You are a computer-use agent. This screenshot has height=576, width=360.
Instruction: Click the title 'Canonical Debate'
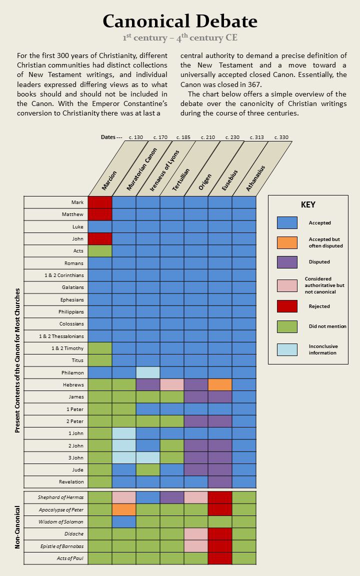coord(180,21)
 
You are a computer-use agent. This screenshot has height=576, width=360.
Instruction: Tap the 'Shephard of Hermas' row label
coord(61,497)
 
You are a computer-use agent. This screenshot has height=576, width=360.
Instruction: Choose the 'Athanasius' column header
coord(255,178)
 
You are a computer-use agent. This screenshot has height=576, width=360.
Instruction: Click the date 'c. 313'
coord(257,137)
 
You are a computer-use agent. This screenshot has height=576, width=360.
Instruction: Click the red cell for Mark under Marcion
coord(100,202)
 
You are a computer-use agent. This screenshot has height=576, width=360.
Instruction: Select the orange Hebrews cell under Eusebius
coord(220,384)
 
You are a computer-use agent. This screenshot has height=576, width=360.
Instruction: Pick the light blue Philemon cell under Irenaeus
coord(148,372)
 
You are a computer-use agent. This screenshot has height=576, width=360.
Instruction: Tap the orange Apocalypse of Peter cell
coord(124,509)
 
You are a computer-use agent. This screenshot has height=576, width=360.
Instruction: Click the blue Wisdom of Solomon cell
coord(124,521)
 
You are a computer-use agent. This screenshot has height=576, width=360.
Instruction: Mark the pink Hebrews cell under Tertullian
coord(172,384)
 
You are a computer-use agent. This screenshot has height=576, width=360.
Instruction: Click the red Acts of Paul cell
coord(220,558)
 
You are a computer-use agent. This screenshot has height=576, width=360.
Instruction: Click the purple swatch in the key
coord(287,262)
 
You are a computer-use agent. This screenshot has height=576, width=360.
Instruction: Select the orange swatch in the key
coord(287,242)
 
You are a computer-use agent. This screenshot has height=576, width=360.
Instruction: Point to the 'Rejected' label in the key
coord(319,306)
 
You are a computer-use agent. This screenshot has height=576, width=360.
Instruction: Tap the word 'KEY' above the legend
coord(307,204)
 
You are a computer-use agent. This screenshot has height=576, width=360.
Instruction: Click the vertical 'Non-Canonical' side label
coord(17,527)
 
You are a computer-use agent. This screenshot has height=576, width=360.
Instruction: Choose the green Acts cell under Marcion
coord(100,251)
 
